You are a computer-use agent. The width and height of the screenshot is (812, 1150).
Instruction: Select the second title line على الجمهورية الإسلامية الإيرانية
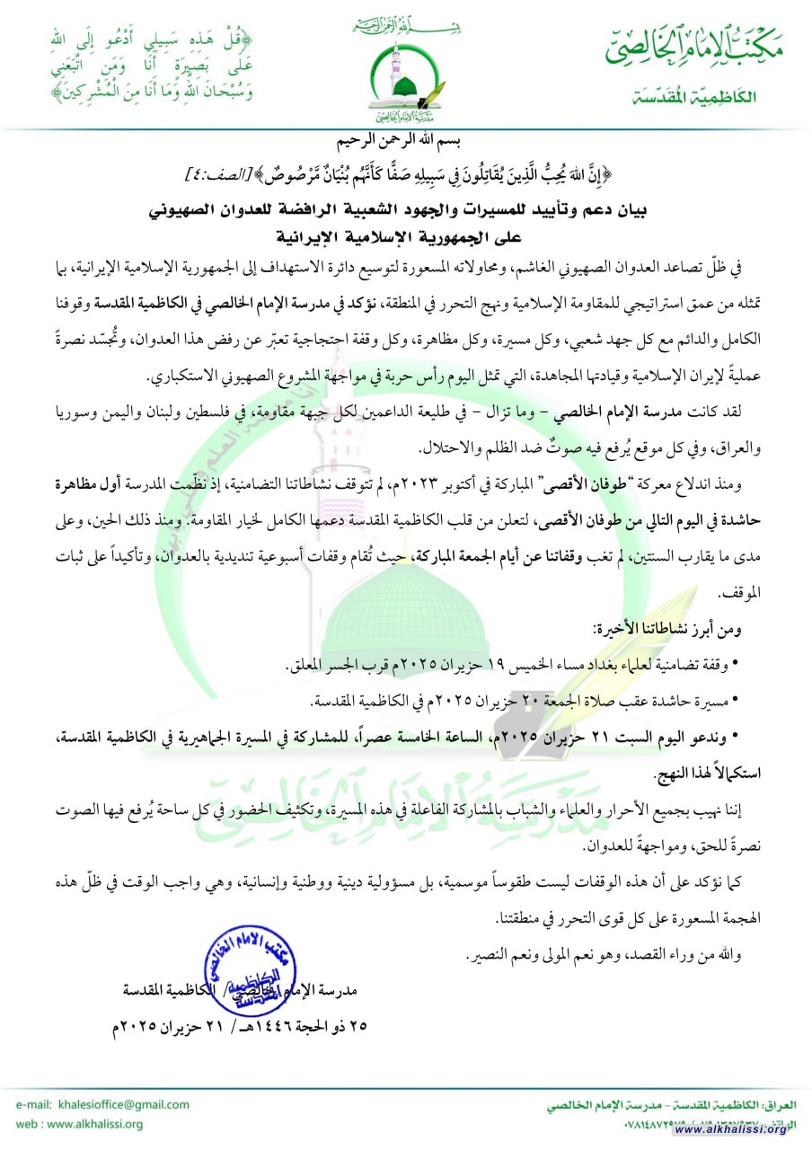(x=406, y=236)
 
